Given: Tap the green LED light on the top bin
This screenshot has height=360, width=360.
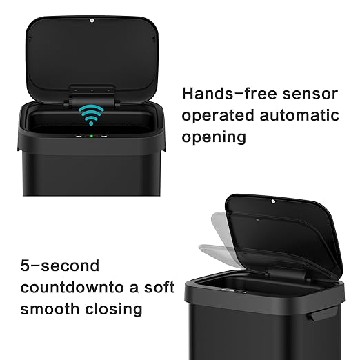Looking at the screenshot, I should click(91, 136).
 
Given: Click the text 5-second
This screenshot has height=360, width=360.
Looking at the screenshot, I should click(60, 266).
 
